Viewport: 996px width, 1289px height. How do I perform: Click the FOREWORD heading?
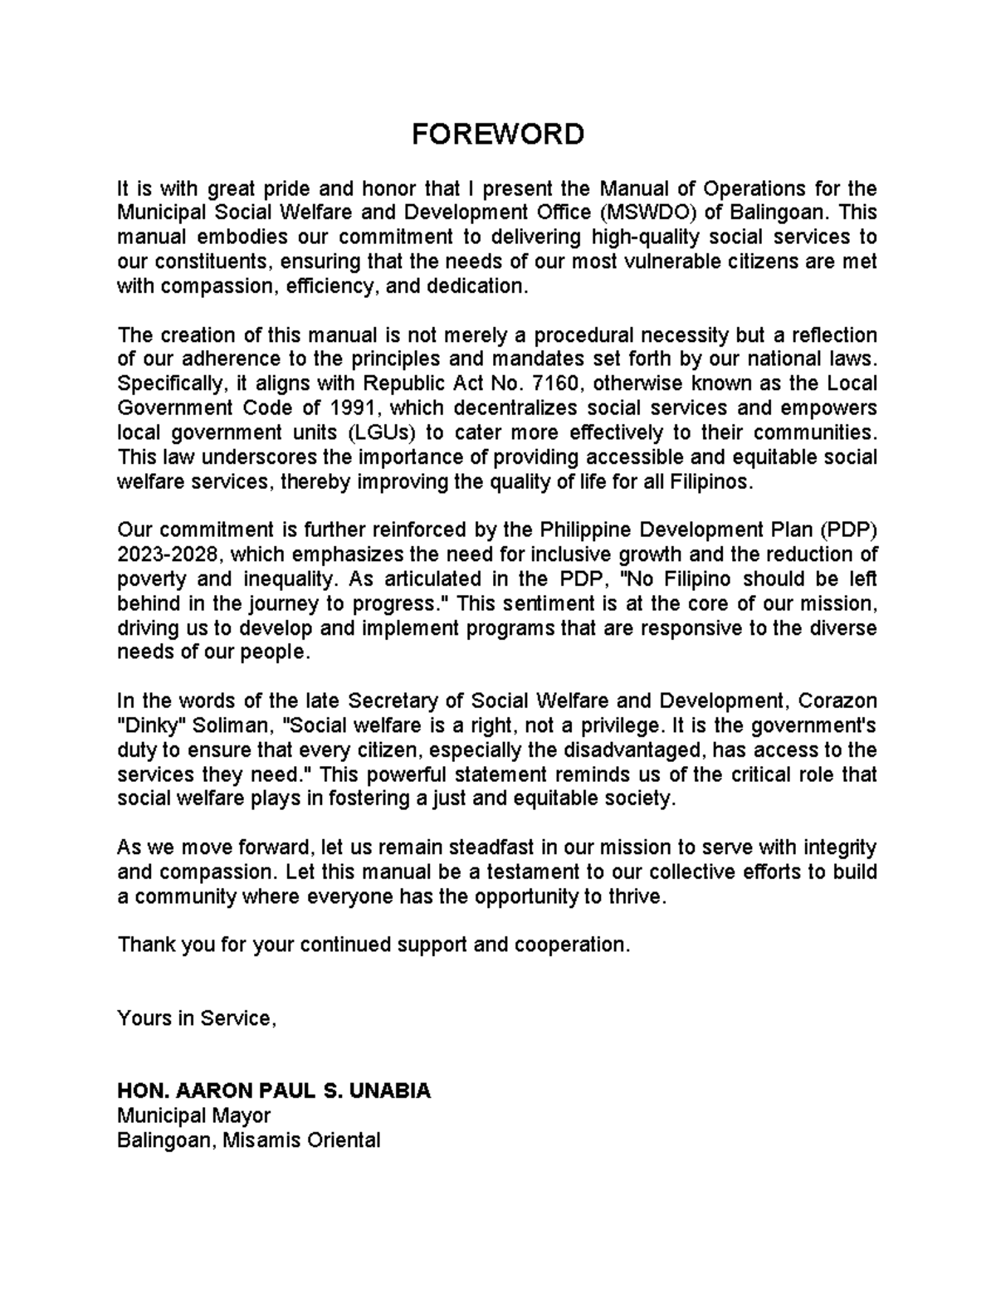(x=498, y=134)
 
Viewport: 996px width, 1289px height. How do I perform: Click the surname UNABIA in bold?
(x=390, y=1091)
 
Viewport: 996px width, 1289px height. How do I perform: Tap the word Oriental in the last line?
(x=344, y=1140)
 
